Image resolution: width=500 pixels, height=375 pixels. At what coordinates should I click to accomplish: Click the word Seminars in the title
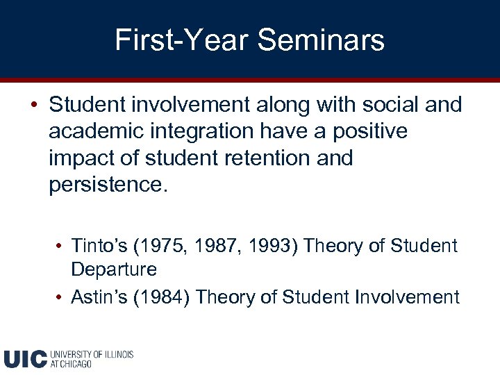321,40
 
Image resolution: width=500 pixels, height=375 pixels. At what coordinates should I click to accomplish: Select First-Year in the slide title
181,40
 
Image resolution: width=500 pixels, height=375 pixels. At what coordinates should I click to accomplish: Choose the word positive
376,131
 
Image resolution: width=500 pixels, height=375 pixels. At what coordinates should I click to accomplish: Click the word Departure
114,269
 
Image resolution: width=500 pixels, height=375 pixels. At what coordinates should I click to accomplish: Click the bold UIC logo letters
25,358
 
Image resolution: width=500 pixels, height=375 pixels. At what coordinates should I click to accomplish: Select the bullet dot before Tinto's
61,247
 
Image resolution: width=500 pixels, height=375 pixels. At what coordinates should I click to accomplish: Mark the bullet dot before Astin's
61,298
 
